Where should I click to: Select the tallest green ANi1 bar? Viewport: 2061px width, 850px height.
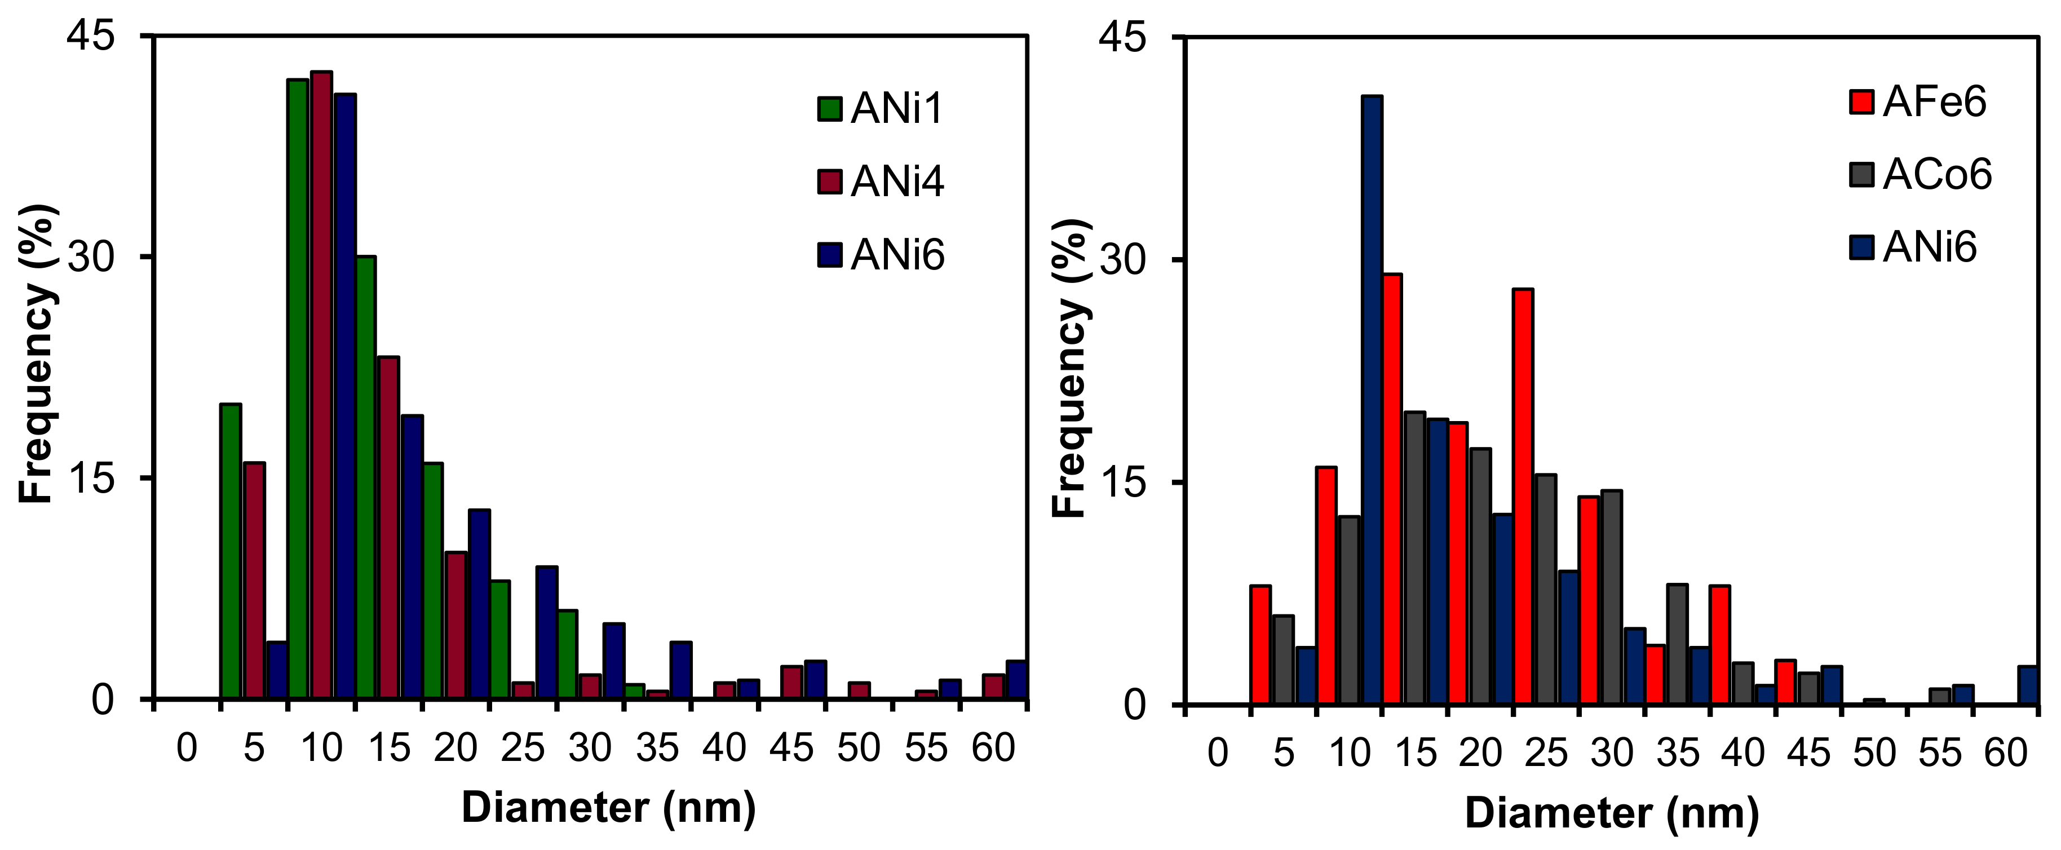(x=298, y=388)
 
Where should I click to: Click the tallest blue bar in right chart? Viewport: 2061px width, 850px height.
(x=1372, y=400)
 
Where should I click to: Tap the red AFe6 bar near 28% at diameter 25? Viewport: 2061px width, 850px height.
(x=1523, y=496)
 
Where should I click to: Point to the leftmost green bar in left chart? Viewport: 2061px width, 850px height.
(x=231, y=552)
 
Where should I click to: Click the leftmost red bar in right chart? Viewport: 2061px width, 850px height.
(x=1261, y=644)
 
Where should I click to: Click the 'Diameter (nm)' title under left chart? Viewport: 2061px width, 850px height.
(x=608, y=808)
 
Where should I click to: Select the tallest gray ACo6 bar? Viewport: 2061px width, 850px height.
(x=1414, y=557)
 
